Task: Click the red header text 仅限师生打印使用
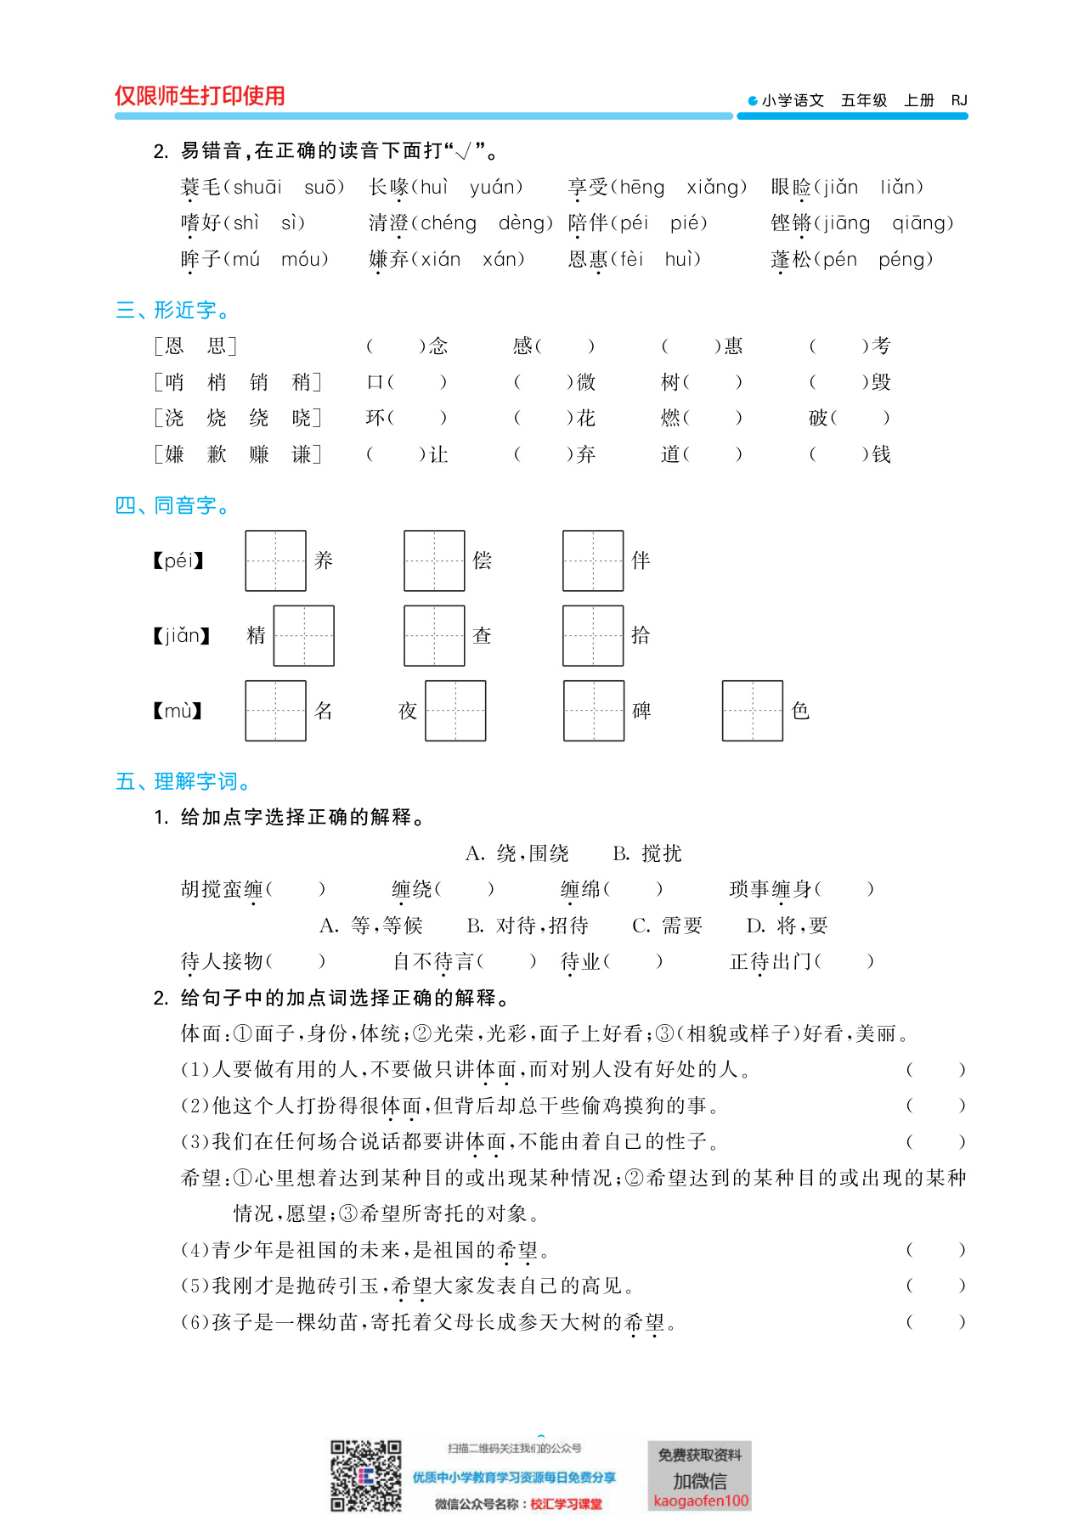point(200,96)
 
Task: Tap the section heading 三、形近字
point(172,311)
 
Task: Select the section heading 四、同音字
point(172,506)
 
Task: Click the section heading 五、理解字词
point(183,781)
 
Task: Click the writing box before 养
point(275,560)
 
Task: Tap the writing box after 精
point(303,636)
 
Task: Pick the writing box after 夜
point(455,711)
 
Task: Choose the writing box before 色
point(752,711)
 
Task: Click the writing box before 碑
point(594,711)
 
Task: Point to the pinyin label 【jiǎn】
point(181,636)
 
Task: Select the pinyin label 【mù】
point(178,711)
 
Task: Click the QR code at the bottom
point(365,1476)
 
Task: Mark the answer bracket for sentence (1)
point(935,1070)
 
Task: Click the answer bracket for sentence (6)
point(935,1322)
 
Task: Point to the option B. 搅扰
point(647,853)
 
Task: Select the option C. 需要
point(667,926)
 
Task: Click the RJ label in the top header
point(959,100)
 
